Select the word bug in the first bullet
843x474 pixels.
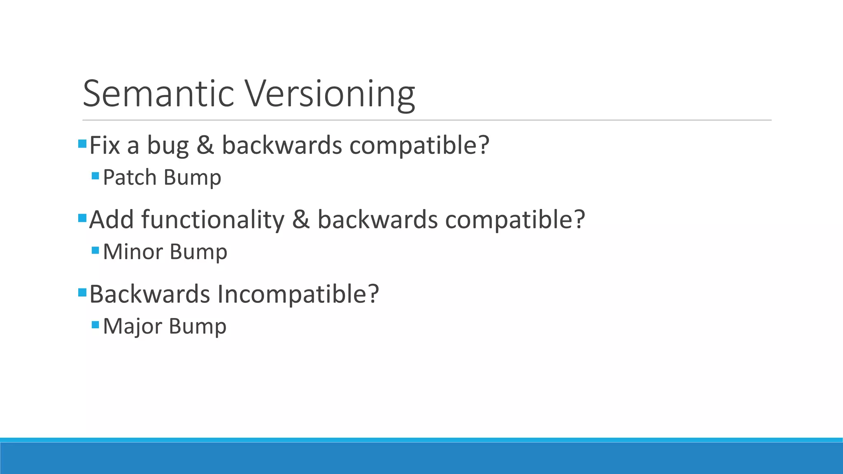click(x=168, y=146)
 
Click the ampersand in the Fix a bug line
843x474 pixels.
click(x=205, y=145)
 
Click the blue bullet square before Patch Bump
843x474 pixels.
click(x=95, y=176)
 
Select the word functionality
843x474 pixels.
click(x=213, y=220)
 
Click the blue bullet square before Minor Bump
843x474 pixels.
click(x=95, y=250)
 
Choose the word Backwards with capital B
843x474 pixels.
click(x=150, y=294)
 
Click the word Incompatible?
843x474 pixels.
click(x=298, y=295)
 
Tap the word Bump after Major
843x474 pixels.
click(x=198, y=327)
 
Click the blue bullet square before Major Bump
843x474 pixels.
click(x=95, y=325)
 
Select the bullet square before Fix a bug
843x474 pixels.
click(x=82, y=144)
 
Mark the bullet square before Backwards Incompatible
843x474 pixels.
click(x=82, y=293)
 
